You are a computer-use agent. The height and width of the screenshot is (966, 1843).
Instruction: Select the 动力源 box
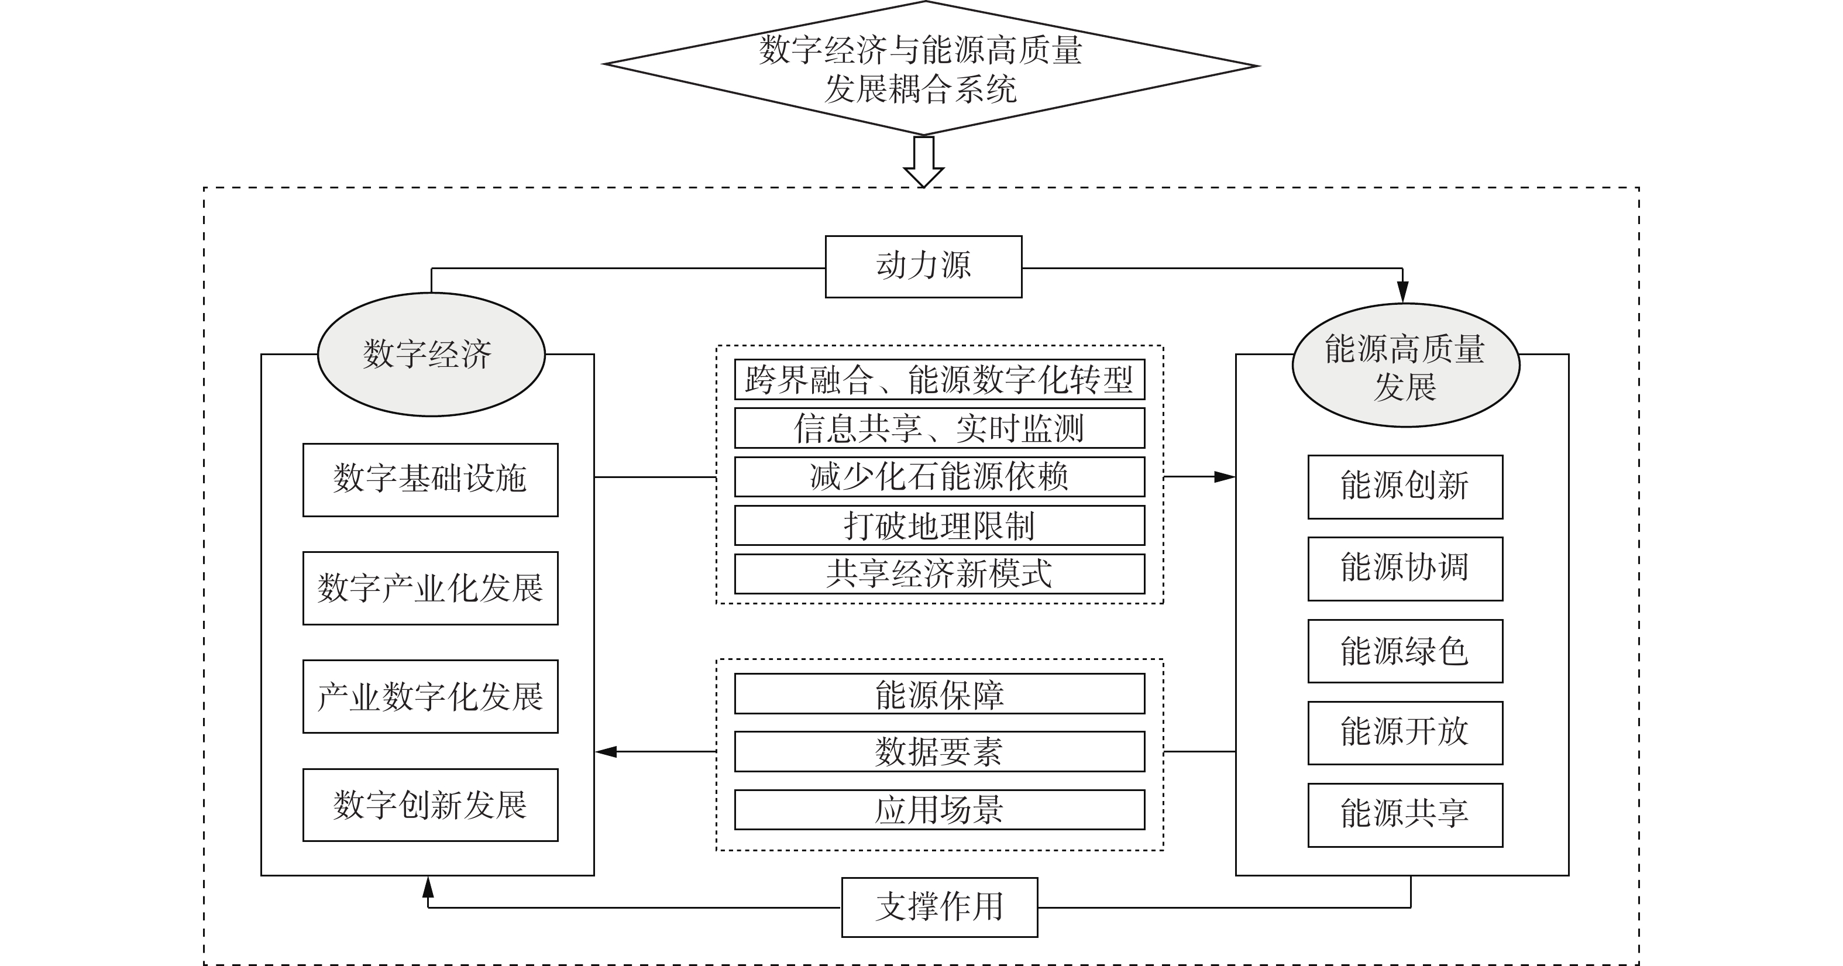coord(923,266)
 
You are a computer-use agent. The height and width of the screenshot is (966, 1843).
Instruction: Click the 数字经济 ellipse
coord(431,354)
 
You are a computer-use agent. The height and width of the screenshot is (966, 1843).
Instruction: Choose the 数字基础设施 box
coord(430,479)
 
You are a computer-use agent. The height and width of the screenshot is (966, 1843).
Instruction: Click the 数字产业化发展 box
coord(430,588)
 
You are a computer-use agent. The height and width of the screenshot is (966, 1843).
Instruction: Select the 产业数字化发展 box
coord(430,696)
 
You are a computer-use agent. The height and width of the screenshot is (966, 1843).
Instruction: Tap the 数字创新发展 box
coord(430,805)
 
